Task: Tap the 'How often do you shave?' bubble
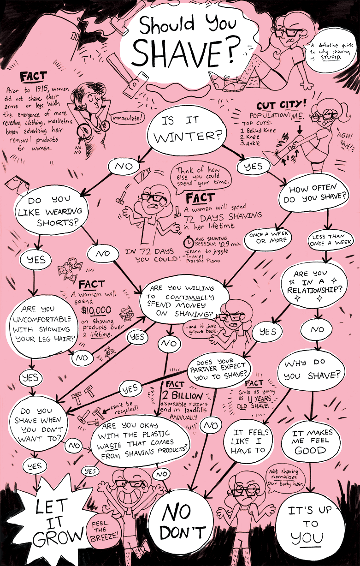[x=318, y=195]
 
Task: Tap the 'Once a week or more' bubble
[x=268, y=237]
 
